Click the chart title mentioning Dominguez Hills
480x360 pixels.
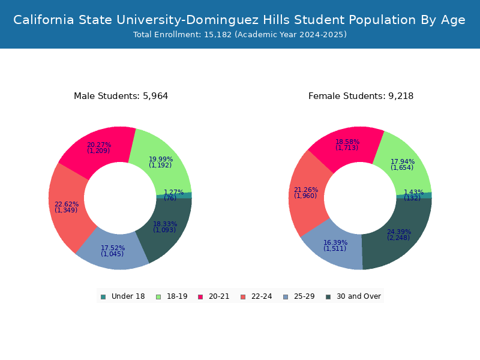[239, 20]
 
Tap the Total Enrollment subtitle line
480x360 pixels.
[239, 35]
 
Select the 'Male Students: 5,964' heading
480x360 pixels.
[121, 96]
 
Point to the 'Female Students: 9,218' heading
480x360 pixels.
[361, 96]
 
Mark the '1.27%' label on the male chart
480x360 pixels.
[173, 192]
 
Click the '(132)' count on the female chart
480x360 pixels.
[412, 198]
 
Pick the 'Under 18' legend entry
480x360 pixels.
[123, 296]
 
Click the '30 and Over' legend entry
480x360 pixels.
[353, 296]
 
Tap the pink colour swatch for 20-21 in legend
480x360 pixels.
[200, 297]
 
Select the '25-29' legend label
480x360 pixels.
[304, 296]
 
